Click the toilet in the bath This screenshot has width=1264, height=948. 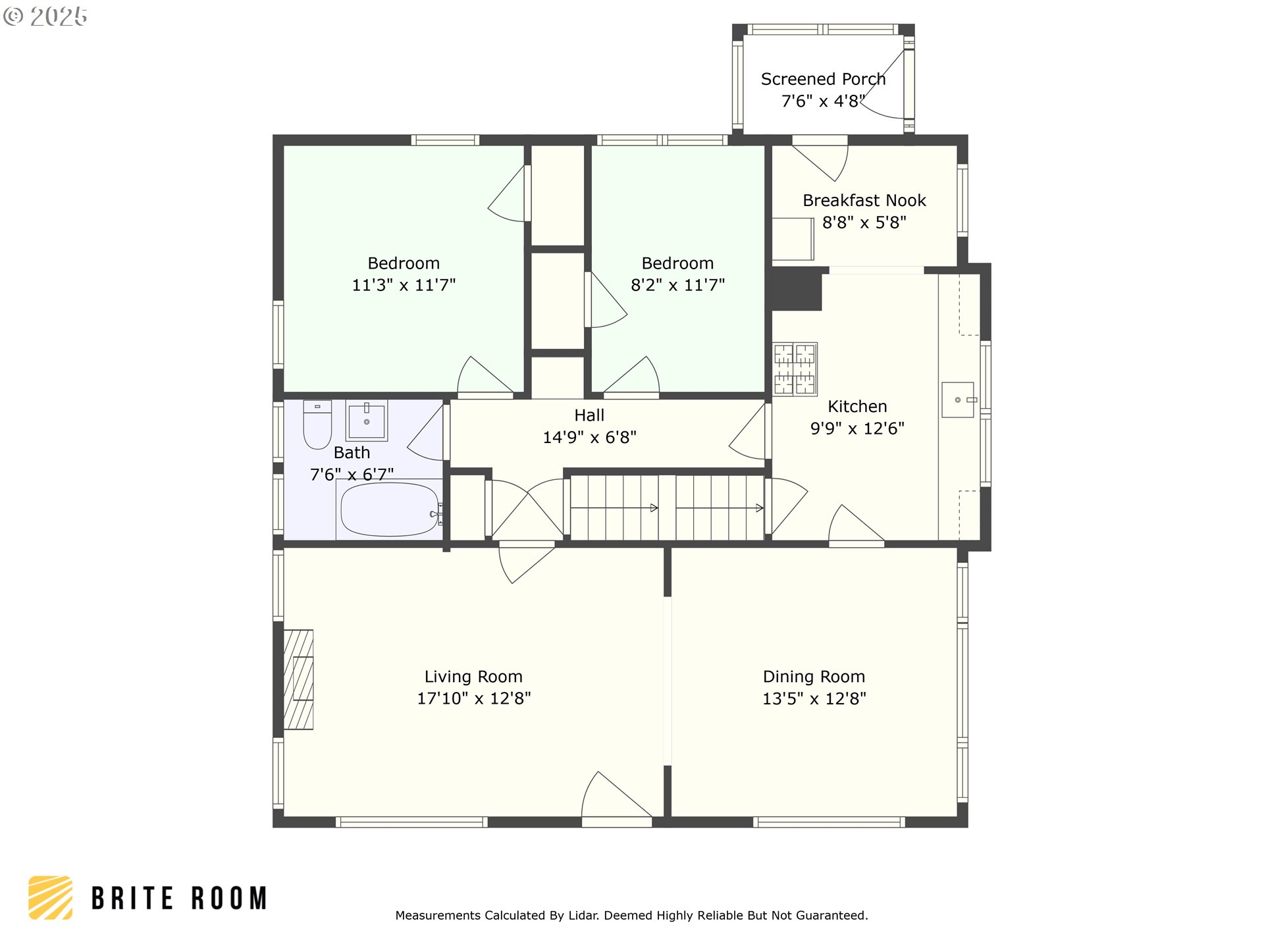[317, 425]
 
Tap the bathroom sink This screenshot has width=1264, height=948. [367, 420]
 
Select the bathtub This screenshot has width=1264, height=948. [389, 510]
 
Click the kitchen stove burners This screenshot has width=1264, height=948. [795, 369]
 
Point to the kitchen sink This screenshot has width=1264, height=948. [958, 400]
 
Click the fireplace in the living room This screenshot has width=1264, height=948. [298, 679]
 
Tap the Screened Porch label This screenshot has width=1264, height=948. [823, 79]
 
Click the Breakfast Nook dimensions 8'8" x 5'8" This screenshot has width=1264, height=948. [864, 223]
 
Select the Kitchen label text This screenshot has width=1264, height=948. [857, 406]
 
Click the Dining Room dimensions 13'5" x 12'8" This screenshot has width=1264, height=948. [814, 698]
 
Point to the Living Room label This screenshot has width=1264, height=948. [473, 677]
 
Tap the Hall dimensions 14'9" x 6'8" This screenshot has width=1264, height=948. [589, 437]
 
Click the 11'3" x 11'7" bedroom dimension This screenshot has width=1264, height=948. [404, 285]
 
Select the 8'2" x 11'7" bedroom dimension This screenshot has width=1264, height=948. [677, 285]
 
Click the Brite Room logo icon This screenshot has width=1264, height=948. [51, 897]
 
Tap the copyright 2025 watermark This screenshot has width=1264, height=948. [45, 16]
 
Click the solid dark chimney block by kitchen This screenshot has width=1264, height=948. [797, 289]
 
